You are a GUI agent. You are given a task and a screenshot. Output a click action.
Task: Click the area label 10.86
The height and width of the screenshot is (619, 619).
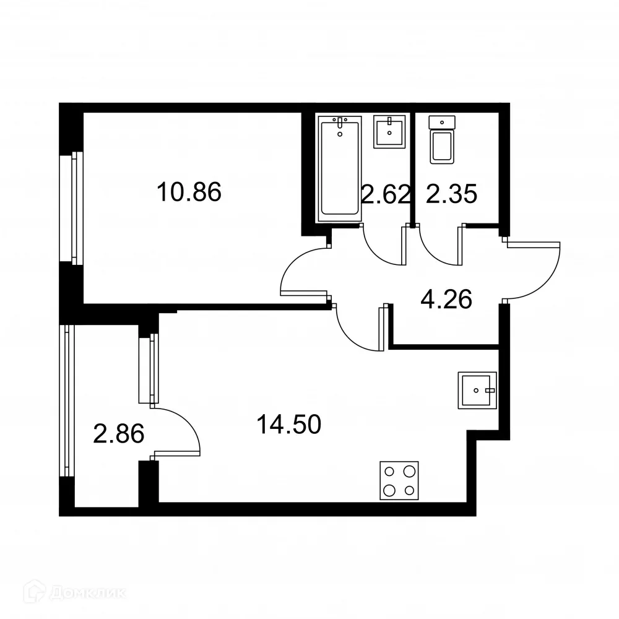(189, 193)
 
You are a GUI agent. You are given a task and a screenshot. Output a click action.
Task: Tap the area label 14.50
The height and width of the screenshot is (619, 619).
(288, 425)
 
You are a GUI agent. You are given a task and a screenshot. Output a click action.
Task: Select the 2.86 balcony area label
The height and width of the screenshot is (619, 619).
(118, 434)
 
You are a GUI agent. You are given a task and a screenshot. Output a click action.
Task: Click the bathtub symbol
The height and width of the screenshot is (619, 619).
(340, 168)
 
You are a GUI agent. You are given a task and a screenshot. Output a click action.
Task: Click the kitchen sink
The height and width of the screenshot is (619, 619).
(477, 391)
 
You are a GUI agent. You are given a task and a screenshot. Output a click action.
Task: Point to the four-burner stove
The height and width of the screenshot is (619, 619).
(399, 481)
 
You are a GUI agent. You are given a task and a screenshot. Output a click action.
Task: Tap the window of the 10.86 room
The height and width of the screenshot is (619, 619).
(77, 208)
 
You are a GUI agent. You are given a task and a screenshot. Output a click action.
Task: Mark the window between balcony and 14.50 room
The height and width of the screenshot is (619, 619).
(149, 370)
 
